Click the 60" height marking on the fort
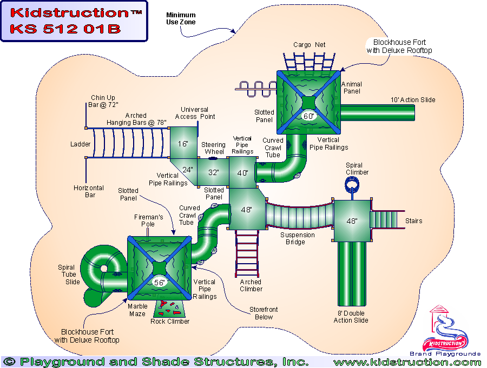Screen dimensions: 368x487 [308, 116]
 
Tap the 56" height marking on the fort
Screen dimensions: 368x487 [160, 282]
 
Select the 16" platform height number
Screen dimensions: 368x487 [183, 144]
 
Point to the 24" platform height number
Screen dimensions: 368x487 [188, 169]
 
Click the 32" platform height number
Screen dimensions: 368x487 [214, 173]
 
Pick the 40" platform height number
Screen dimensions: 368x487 [242, 173]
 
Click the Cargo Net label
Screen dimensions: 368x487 [310, 45]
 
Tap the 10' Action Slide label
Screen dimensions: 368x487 [413, 100]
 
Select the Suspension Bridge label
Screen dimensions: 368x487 [297, 238]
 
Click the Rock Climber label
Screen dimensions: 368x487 [170, 322]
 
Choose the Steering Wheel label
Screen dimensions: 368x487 [214, 148]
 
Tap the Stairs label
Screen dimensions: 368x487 [413, 221]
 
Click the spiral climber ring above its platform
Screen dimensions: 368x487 [352, 185]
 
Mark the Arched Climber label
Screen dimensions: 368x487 [251, 285]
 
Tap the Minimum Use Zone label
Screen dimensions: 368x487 [181, 18]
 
